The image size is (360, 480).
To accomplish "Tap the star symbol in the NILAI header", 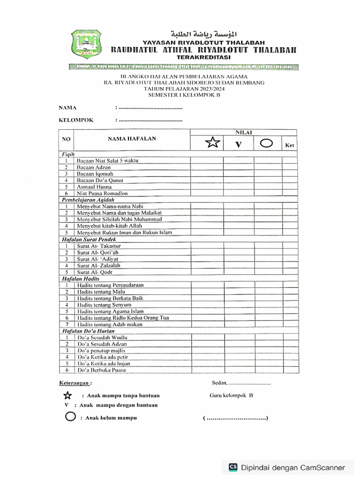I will (x=212, y=142).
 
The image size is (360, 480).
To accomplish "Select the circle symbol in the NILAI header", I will (x=266, y=143).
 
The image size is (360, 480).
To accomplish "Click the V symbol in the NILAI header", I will (x=238, y=145).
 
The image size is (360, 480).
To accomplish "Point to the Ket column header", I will (x=289, y=146).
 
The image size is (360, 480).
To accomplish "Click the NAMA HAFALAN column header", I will (x=132, y=139).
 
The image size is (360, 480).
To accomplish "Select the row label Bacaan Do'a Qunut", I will (x=98, y=180).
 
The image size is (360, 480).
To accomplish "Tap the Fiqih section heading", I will (x=68, y=154).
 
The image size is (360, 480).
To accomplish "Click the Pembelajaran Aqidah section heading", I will (x=89, y=200).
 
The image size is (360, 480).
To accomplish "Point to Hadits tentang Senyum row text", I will (x=104, y=305).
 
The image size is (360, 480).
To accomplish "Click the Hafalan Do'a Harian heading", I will (x=88, y=330).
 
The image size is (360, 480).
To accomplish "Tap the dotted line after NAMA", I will (x=150, y=108).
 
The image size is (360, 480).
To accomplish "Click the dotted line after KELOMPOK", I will (x=150, y=120).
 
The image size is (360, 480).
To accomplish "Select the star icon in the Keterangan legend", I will (x=68, y=396).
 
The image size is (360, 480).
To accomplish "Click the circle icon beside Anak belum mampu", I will (x=71, y=417).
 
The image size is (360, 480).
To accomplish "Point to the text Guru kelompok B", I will (x=231, y=395).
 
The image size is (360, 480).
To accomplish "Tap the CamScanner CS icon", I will (x=233, y=467).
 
